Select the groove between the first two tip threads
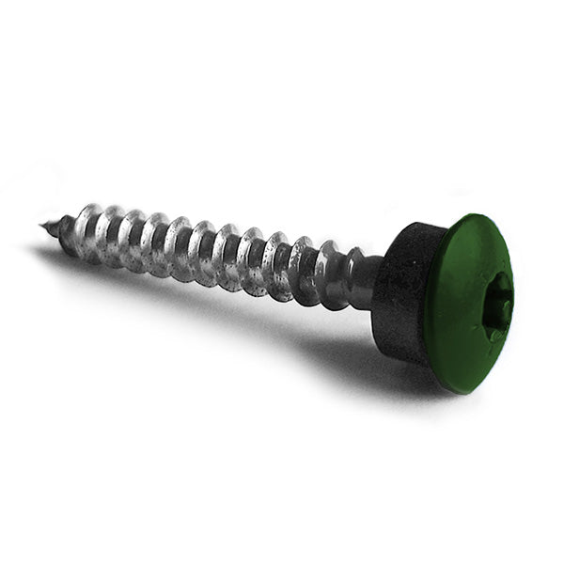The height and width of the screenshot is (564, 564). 78,235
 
